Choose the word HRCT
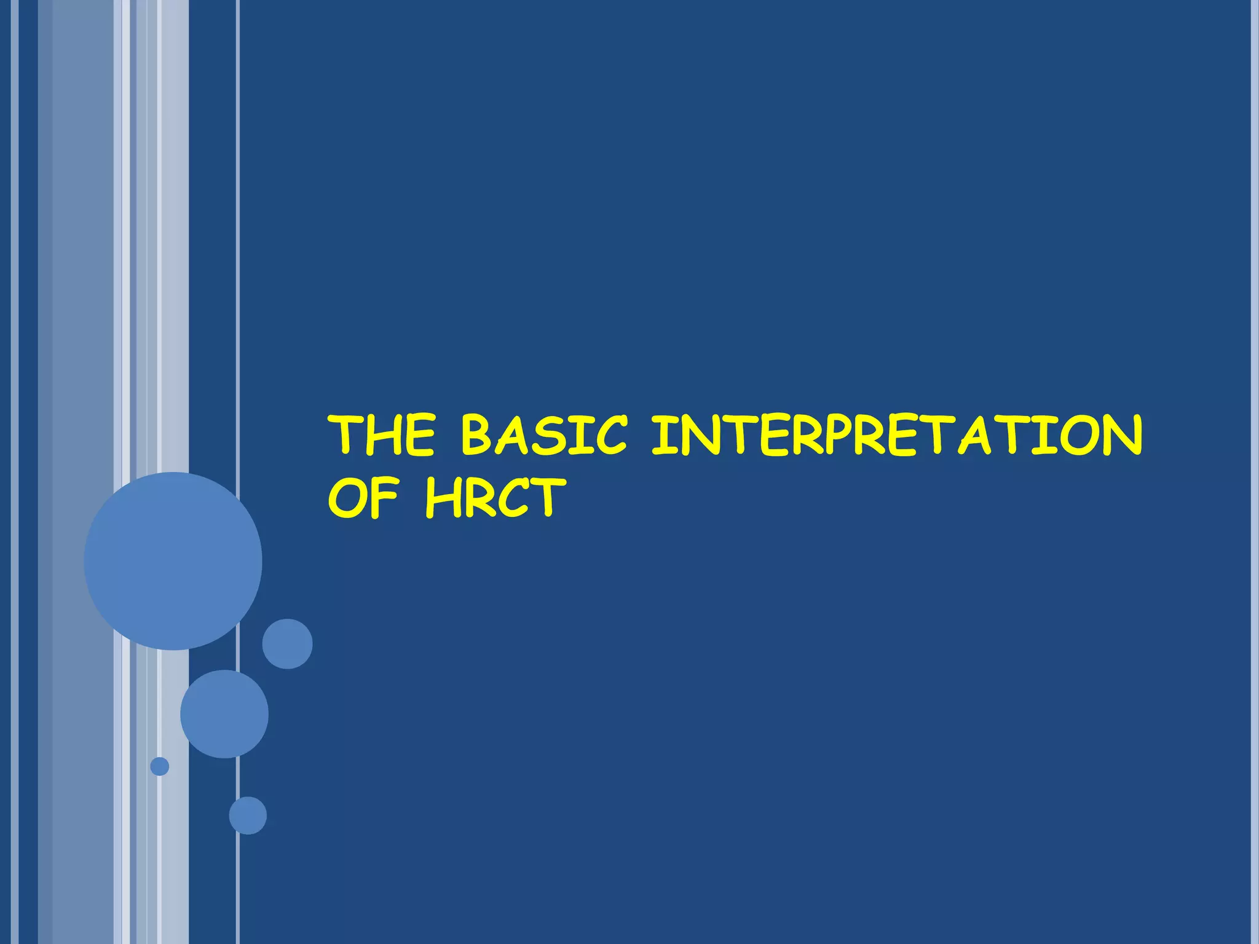tap(495, 497)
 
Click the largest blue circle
tap(173, 560)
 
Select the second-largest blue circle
tap(224, 714)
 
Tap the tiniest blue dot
tap(160, 766)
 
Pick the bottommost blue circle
tap(248, 816)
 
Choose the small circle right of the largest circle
tap(287, 643)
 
